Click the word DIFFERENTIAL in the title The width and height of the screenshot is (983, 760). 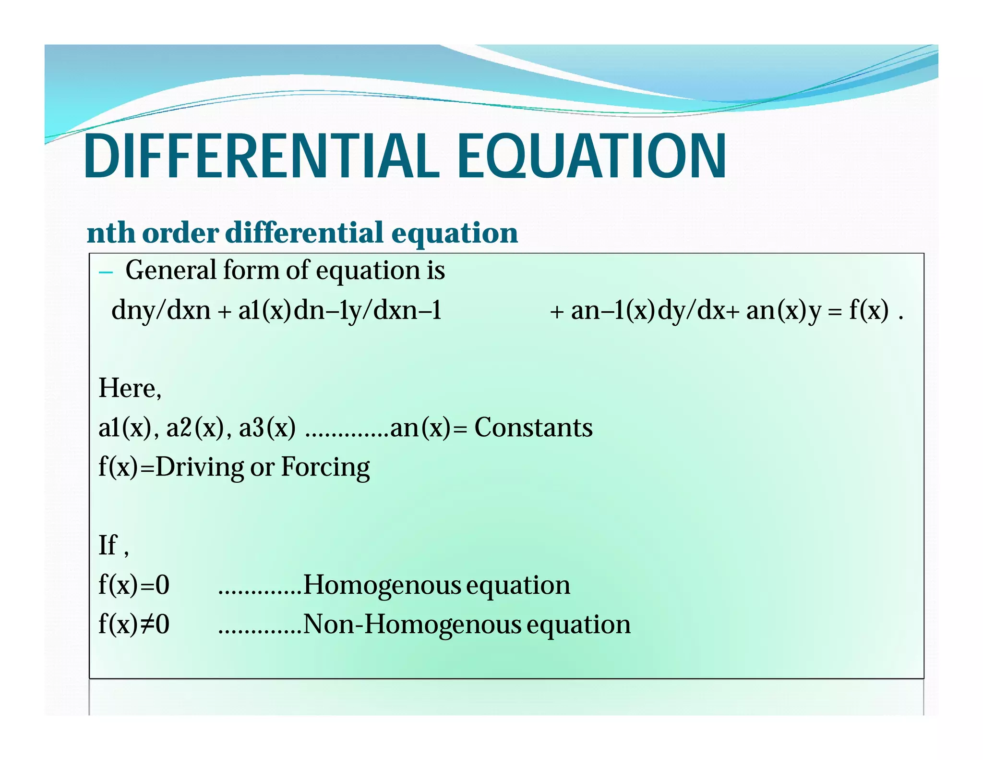coord(262,156)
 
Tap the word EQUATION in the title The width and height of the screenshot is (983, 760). coord(591,156)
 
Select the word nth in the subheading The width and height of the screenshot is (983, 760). coord(111,233)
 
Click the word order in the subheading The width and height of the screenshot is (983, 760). coord(180,233)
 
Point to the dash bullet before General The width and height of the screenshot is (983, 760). coord(106,273)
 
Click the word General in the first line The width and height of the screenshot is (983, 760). coord(170,270)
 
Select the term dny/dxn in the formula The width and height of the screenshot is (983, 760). coord(161,310)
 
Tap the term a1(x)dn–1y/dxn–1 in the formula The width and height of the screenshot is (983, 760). coord(340,310)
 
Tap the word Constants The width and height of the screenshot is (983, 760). coord(533,428)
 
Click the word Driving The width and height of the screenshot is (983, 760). coord(199,467)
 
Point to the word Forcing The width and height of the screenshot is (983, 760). coord(325,467)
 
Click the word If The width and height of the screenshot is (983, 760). coord(108,545)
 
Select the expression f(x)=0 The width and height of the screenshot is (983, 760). coord(134,585)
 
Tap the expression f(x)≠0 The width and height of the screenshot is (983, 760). coord(134,625)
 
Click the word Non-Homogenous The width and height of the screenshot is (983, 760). coord(412,625)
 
